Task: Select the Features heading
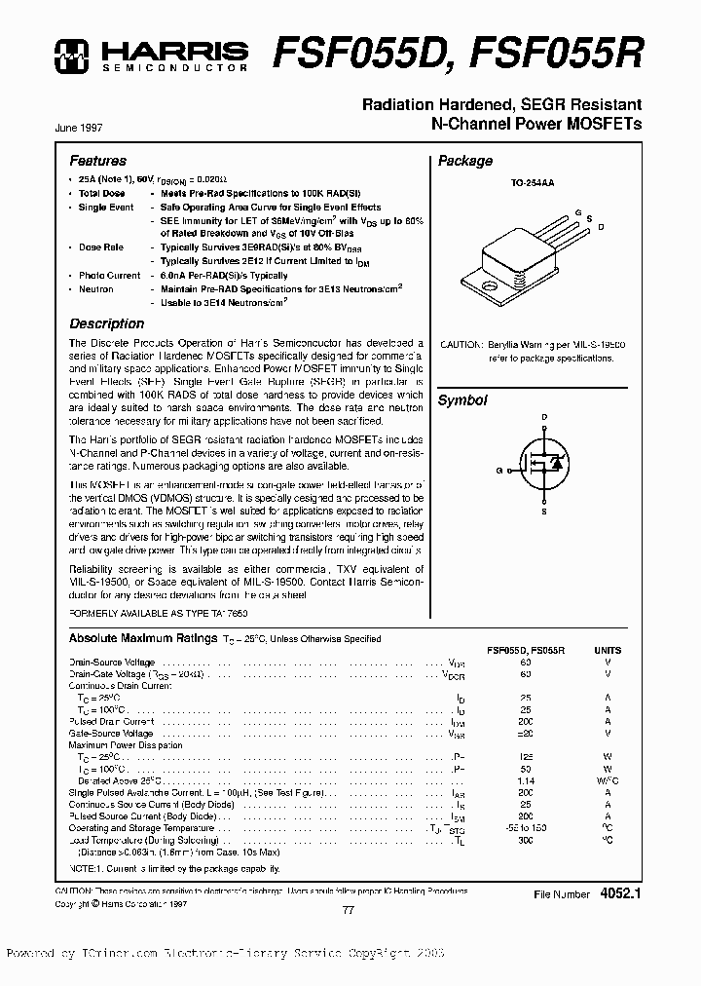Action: point(97,161)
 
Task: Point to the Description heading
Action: point(106,323)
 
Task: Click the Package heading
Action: point(465,162)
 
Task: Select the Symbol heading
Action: point(462,400)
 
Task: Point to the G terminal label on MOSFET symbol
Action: point(499,470)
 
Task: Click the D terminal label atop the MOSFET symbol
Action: point(543,417)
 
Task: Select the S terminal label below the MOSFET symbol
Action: point(543,511)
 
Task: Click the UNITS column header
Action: point(607,650)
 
